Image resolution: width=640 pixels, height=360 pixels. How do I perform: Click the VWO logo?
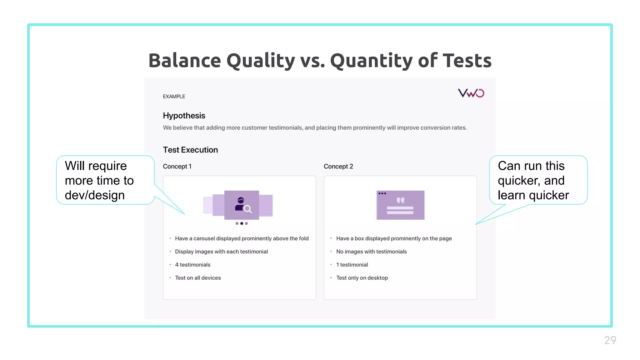pos(471,93)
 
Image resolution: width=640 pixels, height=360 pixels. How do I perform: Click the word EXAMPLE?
pos(174,97)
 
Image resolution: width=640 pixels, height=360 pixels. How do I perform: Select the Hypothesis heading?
pos(184,116)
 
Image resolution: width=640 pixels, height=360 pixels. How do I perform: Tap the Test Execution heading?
pos(190,150)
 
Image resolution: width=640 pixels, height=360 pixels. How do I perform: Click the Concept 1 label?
pos(177,166)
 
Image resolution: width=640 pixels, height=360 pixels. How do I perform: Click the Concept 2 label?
pos(338,166)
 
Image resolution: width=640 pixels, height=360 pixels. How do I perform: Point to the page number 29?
pos(610,340)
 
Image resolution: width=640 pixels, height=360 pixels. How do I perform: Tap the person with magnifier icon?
pos(242,205)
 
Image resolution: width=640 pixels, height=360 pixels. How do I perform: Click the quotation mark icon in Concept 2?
pos(400,200)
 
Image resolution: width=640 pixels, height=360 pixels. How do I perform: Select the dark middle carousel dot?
pos(242,223)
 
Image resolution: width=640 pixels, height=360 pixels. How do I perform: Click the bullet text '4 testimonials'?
pos(192,265)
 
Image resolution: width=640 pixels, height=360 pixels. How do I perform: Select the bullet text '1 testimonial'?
pos(352,265)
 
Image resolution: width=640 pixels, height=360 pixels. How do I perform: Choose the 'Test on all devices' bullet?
pos(198,278)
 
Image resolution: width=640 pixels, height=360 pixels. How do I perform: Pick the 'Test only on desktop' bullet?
pos(362,278)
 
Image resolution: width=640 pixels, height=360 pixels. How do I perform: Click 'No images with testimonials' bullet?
pos(371,252)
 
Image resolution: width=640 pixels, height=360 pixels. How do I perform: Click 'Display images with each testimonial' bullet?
pos(221,252)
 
